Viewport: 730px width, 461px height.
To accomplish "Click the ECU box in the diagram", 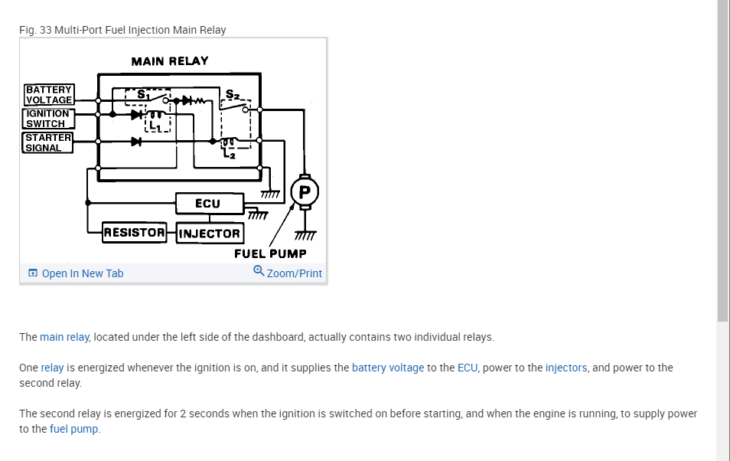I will tap(208, 204).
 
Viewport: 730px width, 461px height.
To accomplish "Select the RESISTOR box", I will tap(135, 233).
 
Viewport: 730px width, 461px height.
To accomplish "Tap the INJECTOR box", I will tap(209, 233).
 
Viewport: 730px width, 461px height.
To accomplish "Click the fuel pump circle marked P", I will tap(305, 190).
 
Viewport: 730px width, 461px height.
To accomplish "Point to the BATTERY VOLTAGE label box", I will tap(48, 95).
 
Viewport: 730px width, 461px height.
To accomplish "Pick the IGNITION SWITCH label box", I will tap(47, 119).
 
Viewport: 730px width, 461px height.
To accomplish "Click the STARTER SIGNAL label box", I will tap(47, 142).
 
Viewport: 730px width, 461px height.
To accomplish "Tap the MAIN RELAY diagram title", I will tap(170, 61).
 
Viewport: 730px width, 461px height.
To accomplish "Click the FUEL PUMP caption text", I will tap(270, 253).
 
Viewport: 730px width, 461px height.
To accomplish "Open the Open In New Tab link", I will tap(82, 273).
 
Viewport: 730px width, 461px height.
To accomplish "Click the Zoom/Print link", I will tap(295, 273).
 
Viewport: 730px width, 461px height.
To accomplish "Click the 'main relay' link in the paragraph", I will tap(65, 337).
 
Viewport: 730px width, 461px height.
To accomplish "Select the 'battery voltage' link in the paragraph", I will tap(388, 368).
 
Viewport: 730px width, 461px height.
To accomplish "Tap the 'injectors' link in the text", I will tap(566, 368).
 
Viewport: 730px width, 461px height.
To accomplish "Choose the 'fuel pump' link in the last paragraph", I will tap(74, 429).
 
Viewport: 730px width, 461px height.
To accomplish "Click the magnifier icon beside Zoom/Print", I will tap(259, 271).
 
